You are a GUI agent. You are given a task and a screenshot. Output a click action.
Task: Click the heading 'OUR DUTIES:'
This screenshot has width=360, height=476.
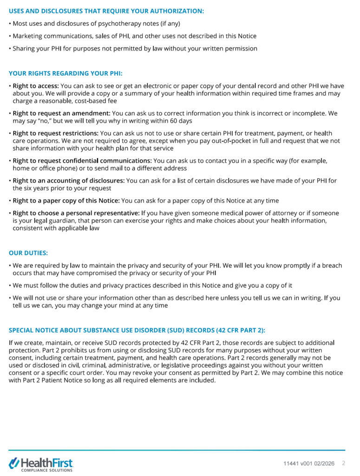pyautogui.click(x=28, y=253)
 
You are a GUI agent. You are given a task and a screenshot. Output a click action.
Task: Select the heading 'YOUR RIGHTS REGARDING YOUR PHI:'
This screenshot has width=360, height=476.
pyautogui.click(x=65, y=73)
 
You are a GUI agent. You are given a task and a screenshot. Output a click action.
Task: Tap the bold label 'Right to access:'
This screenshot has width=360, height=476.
pyautogui.click(x=36, y=86)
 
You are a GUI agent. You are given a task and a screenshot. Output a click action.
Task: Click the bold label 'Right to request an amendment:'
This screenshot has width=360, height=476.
pyautogui.click(x=61, y=113)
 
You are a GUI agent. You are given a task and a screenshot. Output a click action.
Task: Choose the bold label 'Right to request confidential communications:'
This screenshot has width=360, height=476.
pyautogui.click(x=82, y=161)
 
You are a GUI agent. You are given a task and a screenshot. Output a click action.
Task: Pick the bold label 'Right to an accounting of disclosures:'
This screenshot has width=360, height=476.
pyautogui.click(x=68, y=181)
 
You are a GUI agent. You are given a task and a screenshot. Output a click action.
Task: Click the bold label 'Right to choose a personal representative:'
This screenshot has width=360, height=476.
pyautogui.click(x=76, y=213)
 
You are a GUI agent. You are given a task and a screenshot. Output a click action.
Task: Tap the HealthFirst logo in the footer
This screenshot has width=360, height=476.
pyautogui.click(x=41, y=463)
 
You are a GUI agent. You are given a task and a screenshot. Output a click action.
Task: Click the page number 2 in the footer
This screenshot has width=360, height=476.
pyautogui.click(x=344, y=463)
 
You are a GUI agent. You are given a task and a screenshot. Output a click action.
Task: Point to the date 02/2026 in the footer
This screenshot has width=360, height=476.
pyautogui.click(x=325, y=463)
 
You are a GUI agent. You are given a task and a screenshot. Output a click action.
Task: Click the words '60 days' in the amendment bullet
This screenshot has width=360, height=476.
pyautogui.click(x=181, y=121)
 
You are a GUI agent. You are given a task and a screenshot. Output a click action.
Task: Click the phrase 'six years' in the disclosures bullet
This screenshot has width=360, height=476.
pyautogui.click(x=39, y=188)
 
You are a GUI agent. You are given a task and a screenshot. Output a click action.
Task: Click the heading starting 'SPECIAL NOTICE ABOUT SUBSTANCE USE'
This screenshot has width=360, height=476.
pyautogui.click(x=137, y=331)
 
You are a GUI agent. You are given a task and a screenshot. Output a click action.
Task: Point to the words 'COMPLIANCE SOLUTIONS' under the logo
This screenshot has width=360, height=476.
pyautogui.click(x=47, y=470)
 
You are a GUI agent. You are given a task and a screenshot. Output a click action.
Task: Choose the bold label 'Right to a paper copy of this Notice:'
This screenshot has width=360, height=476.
pyautogui.click(x=66, y=201)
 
